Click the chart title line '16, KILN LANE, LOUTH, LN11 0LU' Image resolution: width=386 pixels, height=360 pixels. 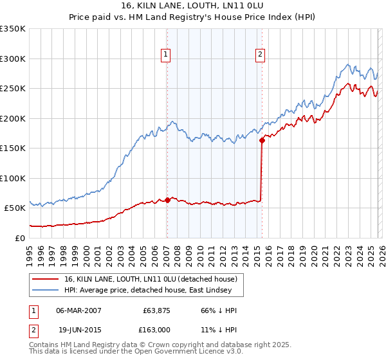(193, 6)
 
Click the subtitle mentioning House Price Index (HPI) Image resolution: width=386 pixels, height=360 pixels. (193, 17)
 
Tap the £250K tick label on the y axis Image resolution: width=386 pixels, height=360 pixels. (13, 89)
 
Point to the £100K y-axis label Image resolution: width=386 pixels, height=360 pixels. (13, 178)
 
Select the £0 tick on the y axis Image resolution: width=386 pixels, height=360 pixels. (19, 238)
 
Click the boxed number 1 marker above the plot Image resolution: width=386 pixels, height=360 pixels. (166, 55)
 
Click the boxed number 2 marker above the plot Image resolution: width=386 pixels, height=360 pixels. (261, 55)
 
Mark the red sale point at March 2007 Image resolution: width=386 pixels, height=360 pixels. (167, 200)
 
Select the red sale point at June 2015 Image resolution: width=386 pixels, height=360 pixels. (262, 140)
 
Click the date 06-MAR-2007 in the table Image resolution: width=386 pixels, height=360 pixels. (78, 310)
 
